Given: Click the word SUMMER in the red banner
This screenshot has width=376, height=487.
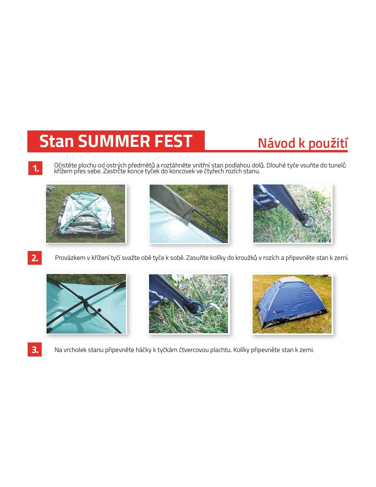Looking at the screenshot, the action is [x=115, y=141].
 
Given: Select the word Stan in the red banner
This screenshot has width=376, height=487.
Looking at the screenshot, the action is [x=57, y=141].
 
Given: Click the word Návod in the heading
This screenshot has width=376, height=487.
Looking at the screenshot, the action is [x=277, y=143].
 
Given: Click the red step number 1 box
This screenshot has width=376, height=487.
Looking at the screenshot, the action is [x=35, y=168].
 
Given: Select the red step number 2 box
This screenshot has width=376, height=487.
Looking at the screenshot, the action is [x=35, y=258].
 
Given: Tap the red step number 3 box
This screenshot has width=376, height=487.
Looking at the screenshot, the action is [x=35, y=349].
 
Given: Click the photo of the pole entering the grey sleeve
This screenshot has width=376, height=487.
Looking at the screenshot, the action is [x=189, y=214].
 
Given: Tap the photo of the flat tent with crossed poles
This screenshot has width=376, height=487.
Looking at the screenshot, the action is [x=86, y=214].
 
